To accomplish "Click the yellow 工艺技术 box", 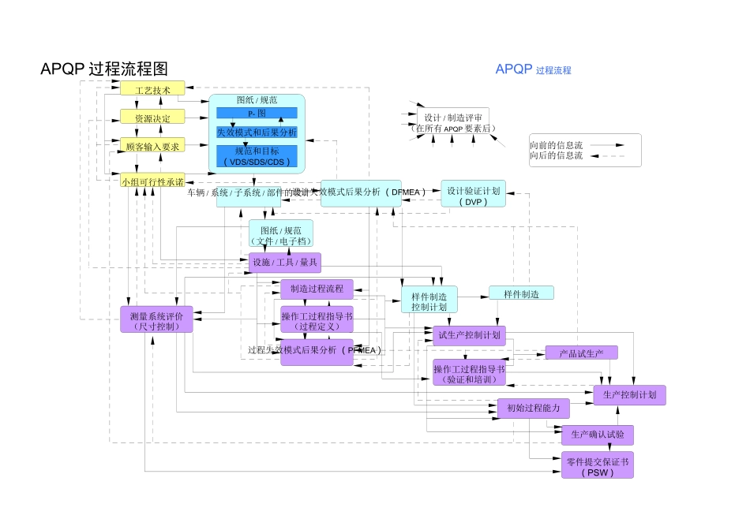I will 152,88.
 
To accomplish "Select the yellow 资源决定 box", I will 152,118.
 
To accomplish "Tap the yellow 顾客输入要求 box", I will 152,146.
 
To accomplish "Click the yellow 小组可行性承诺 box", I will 152,181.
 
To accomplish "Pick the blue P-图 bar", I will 257,114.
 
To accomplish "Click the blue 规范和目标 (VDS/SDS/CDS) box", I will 257,156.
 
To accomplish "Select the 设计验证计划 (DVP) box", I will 473,195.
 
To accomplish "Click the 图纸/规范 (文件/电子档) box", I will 281,235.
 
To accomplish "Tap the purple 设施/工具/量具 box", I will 284,262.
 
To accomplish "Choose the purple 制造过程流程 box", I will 317,289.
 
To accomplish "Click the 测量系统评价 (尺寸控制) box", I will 156,319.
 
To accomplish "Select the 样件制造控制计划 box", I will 429,300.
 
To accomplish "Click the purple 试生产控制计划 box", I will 469,334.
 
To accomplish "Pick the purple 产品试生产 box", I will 581,353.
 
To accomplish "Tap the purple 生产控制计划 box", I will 629,394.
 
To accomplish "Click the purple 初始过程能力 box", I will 533,408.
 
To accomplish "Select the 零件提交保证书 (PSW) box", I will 597,465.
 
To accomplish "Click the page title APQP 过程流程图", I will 104,69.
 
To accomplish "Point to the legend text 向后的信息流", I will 556,155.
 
